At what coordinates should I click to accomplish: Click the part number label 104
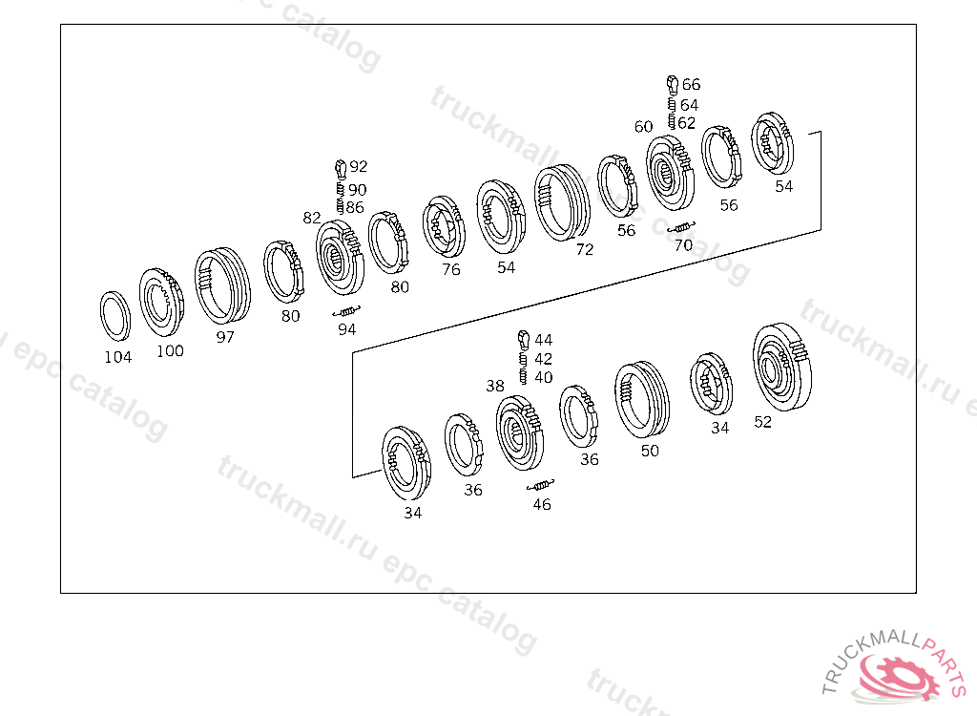117,357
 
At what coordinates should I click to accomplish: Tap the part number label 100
170,351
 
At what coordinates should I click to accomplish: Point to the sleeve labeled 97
222,285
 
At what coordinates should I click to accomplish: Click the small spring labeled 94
347,310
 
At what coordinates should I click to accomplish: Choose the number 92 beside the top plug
359,166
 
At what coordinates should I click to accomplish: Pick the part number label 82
312,218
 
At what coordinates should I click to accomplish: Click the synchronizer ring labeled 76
444,226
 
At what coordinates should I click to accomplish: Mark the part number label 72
585,249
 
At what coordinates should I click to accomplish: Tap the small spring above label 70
681,227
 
